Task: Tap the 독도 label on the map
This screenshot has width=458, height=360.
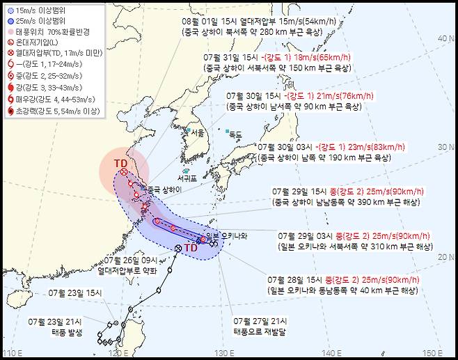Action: [x=236, y=134]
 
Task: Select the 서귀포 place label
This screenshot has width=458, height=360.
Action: [x=184, y=178]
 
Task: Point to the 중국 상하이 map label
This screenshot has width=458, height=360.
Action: [x=164, y=189]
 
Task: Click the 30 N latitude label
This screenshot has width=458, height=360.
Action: [x=448, y=146]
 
